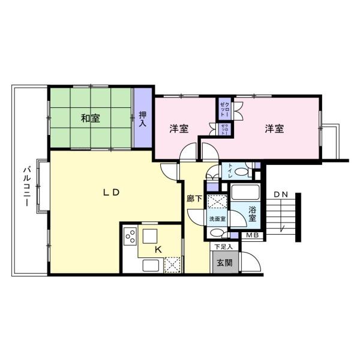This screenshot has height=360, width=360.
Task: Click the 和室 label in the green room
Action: point(91,118)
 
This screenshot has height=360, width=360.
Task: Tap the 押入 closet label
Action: point(143,119)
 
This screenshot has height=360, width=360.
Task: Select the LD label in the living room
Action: point(112,193)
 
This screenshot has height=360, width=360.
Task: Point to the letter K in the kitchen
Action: point(158,250)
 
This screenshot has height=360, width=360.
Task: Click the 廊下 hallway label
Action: point(194,199)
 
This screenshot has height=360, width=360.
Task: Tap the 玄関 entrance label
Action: point(225,263)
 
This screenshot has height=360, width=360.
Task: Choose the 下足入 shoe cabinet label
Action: point(223,247)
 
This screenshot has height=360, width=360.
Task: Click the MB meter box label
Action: point(253,235)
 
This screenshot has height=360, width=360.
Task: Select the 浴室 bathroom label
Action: point(253,214)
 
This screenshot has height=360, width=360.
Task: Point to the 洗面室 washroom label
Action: point(217,219)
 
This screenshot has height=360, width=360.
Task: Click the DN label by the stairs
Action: point(281,194)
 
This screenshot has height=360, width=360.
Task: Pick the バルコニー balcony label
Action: point(26,187)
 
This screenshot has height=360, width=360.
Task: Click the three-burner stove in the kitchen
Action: point(130,236)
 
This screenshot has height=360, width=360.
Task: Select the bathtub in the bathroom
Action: point(245,192)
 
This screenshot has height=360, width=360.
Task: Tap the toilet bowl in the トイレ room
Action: point(242,172)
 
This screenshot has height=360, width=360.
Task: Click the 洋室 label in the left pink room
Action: point(179,128)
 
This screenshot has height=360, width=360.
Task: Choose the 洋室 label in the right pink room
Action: point(274,128)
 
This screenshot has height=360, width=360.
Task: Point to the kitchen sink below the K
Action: point(151,265)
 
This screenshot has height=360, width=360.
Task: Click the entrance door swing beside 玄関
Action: point(250,262)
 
